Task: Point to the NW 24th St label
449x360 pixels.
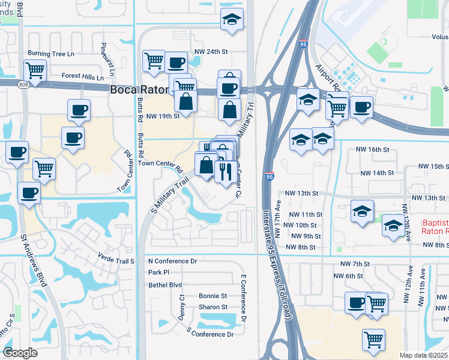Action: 211,52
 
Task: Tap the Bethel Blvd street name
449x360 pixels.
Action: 165,285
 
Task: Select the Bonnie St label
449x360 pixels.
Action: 213,296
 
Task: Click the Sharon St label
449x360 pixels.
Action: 213,307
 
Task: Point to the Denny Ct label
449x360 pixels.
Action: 181,306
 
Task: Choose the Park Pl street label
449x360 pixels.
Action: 159,272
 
